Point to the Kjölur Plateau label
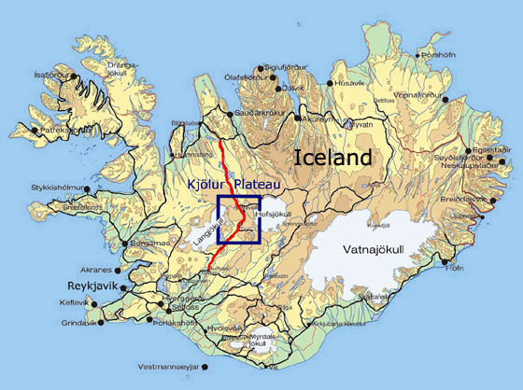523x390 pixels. coord(234,184)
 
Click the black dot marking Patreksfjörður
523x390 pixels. coord(35,131)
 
